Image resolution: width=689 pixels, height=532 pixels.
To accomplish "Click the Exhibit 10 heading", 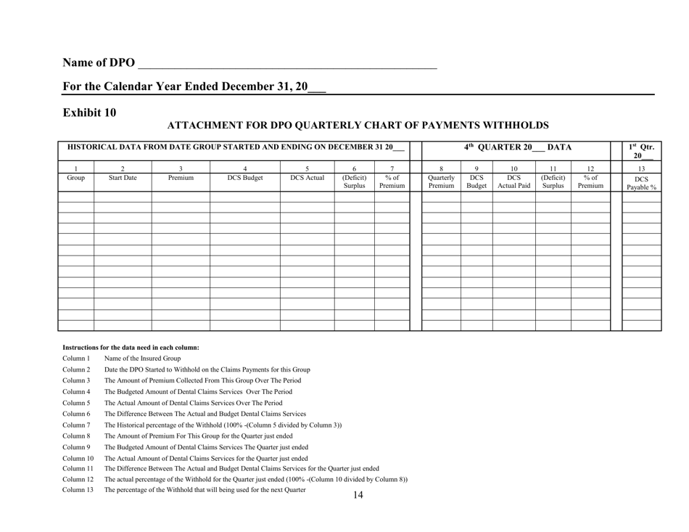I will pyautogui.click(x=89, y=112).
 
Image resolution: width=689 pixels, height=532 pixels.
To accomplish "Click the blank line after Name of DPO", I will pyautogui.click(x=287, y=64).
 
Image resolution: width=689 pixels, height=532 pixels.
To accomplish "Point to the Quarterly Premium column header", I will pyautogui.click(x=441, y=181).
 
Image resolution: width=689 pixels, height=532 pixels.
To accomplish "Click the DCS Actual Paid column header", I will pyautogui.click(x=514, y=181).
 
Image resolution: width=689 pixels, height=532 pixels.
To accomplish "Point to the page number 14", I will pyautogui.click(x=357, y=496).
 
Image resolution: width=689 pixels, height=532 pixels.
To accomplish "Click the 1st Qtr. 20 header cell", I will pyautogui.click(x=642, y=152).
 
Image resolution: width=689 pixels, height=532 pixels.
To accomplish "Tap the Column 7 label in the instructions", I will pyautogui.click(x=75, y=425).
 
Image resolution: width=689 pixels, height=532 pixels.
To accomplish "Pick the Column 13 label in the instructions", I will pyautogui.click(x=78, y=491).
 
